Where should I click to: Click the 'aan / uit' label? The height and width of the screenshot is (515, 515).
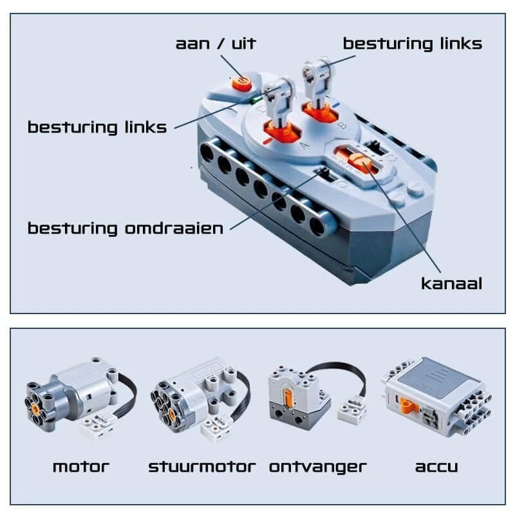216,44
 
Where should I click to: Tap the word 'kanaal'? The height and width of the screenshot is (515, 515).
452,284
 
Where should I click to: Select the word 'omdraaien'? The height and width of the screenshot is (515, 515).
174,229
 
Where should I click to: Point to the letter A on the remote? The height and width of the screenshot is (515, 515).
304,144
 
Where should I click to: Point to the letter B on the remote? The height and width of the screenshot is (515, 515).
342,126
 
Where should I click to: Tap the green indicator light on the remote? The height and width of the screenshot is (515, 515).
254,100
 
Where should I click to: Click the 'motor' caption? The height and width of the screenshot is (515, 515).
81,467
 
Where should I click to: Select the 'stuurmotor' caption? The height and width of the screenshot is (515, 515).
202,467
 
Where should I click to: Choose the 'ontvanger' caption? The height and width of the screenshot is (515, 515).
317,467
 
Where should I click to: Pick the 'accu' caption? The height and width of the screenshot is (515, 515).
436,467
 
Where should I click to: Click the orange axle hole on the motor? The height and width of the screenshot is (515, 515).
36,408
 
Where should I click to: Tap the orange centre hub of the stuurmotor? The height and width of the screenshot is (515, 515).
171,413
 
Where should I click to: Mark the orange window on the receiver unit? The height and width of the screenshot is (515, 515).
288,397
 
